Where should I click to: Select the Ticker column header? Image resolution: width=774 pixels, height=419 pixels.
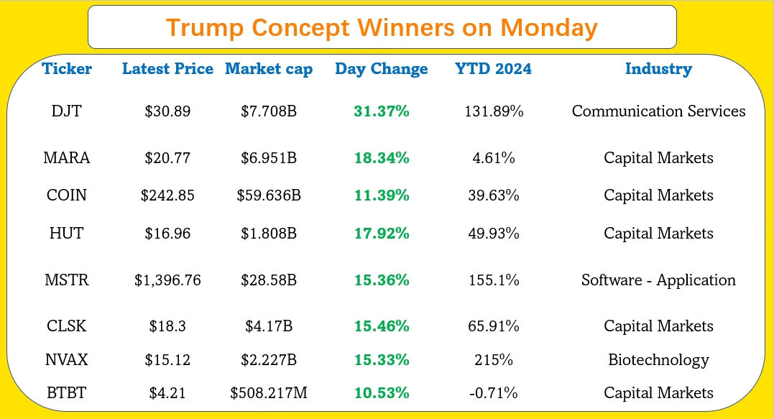point(67,69)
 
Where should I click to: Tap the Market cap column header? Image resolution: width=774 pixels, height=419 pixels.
point(269,69)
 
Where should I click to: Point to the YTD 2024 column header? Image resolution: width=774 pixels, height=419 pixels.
point(493,69)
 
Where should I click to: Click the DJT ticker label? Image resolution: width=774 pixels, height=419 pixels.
point(67,111)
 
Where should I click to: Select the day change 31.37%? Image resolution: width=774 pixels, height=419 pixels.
point(381,111)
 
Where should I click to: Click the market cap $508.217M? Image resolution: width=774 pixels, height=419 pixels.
point(269,393)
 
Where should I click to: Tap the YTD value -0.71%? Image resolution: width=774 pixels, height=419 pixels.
point(493,393)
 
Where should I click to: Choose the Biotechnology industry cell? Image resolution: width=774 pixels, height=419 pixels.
point(658,360)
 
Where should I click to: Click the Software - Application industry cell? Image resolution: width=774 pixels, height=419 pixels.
point(658,280)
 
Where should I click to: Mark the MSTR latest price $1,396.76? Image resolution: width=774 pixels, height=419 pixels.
point(167,280)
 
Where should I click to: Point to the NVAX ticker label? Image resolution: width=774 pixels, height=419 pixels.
point(67,360)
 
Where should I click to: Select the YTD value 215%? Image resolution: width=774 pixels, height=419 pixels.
point(493,360)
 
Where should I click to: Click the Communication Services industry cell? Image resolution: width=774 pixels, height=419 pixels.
point(658,111)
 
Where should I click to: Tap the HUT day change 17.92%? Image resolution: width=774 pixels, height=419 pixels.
point(381,234)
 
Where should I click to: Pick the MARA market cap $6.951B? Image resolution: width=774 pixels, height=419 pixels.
point(269,158)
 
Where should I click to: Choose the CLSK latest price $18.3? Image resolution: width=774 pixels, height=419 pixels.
point(167,326)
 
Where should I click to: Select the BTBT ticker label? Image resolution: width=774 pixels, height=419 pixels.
point(67,393)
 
